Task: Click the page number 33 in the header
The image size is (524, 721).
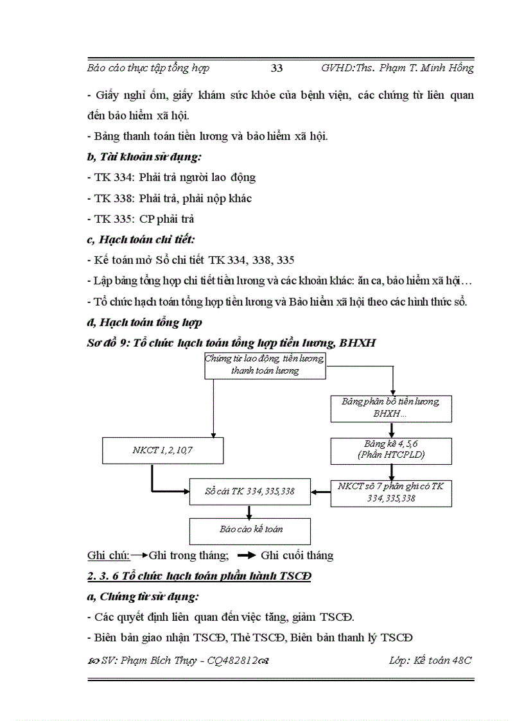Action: click(277, 68)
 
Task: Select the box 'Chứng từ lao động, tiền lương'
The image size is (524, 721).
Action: click(265, 365)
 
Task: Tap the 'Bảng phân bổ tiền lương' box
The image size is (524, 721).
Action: click(390, 408)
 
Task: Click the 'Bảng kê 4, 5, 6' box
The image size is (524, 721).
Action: click(390, 449)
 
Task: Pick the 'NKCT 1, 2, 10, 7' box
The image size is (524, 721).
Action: click(162, 450)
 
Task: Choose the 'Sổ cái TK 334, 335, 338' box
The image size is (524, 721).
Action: click(250, 492)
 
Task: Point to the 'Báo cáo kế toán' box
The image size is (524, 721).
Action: click(250, 530)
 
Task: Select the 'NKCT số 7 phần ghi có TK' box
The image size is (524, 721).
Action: click(390, 492)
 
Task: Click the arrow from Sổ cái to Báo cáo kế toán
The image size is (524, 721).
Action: click(249, 511)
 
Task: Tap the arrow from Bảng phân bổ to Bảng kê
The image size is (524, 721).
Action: click(391, 430)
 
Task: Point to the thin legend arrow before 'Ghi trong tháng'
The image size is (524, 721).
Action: click(139, 555)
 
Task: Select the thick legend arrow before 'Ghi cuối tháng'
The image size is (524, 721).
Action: click(247, 555)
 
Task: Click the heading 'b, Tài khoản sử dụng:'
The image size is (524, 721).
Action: click(139, 156)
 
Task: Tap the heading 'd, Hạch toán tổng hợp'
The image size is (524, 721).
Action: click(144, 322)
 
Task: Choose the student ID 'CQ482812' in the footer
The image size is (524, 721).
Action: click(231, 661)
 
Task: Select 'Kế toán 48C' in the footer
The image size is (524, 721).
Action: click(444, 660)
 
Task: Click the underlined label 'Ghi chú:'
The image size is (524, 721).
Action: click(108, 555)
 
